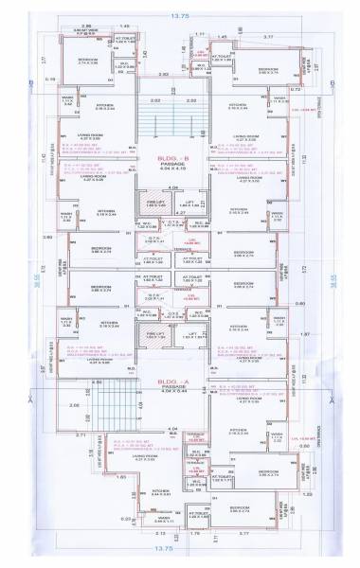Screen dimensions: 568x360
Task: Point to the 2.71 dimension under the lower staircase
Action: tap(84, 438)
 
